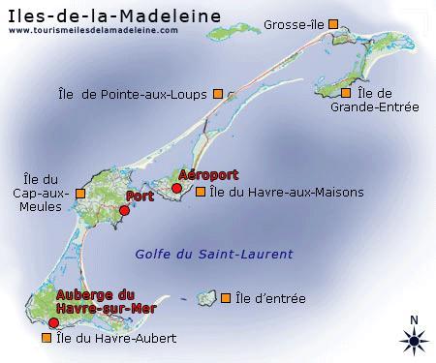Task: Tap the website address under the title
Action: point(93,30)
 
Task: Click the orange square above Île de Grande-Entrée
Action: point(346,93)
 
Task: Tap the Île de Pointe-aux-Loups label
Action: point(132,94)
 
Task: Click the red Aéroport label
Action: point(209,175)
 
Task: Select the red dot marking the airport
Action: point(176,188)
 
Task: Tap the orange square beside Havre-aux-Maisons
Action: point(201,192)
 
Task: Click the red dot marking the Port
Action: point(124,210)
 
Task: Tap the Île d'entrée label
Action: point(270,298)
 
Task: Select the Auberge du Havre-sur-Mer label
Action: point(94,300)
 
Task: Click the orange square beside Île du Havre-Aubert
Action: point(45,339)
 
